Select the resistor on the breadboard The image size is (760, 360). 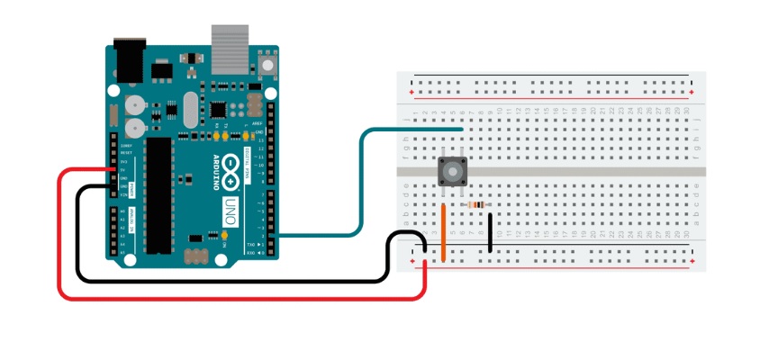pos(476,205)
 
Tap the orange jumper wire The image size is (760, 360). pos(444,232)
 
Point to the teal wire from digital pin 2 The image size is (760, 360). pos(360,180)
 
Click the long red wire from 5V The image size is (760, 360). pos(59,234)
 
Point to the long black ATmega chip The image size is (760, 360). pos(159,193)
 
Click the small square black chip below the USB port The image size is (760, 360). pos(219,108)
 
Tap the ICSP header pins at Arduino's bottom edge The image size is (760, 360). pos(196,256)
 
